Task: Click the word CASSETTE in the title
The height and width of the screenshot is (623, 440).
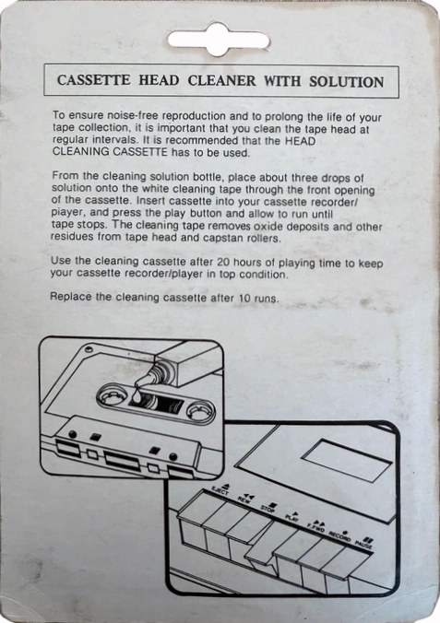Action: pyautogui.click(x=94, y=81)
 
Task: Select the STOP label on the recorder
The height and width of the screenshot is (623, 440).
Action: pyautogui.click(x=268, y=508)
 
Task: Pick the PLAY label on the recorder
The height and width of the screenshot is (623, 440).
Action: pyautogui.click(x=291, y=517)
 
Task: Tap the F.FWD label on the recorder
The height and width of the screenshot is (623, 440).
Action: pyautogui.click(x=316, y=525)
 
